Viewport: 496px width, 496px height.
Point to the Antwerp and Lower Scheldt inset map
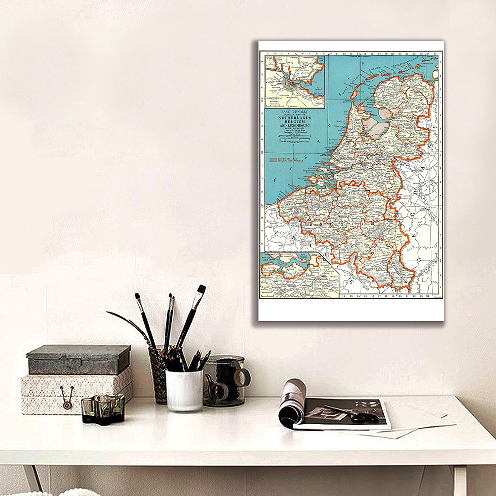coord(299,276)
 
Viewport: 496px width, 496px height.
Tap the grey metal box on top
coord(79,359)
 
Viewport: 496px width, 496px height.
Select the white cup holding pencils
coord(184,389)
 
